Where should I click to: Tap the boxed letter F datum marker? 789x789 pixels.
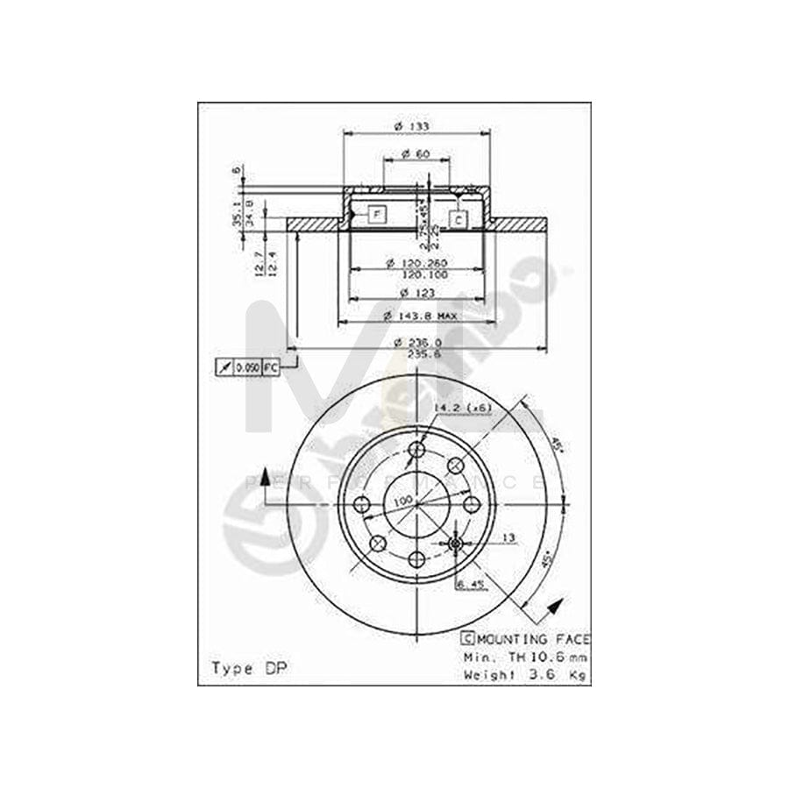coord(375,214)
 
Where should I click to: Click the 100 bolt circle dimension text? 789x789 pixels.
coord(402,500)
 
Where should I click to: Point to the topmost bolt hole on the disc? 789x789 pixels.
coord(417,450)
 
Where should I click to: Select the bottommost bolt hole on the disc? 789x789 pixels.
coord(417,558)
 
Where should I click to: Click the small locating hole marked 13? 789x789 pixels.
coord(455,544)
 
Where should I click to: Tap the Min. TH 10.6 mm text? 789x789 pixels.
coord(526,657)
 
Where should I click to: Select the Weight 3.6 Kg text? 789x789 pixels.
coord(526,675)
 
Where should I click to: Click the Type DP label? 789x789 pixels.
coord(249,668)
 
